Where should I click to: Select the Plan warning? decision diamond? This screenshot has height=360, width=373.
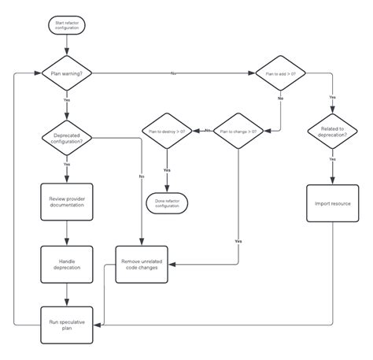coord(67,73)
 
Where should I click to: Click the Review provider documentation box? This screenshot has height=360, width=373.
coord(67,201)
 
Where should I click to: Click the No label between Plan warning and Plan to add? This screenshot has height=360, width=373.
coord(172,73)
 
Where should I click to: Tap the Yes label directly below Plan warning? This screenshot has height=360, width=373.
coord(67,100)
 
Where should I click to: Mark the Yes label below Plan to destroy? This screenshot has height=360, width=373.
coord(167,169)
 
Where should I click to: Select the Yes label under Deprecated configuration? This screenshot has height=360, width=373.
coord(67,164)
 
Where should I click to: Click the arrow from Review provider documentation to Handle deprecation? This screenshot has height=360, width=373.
coord(67,232)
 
